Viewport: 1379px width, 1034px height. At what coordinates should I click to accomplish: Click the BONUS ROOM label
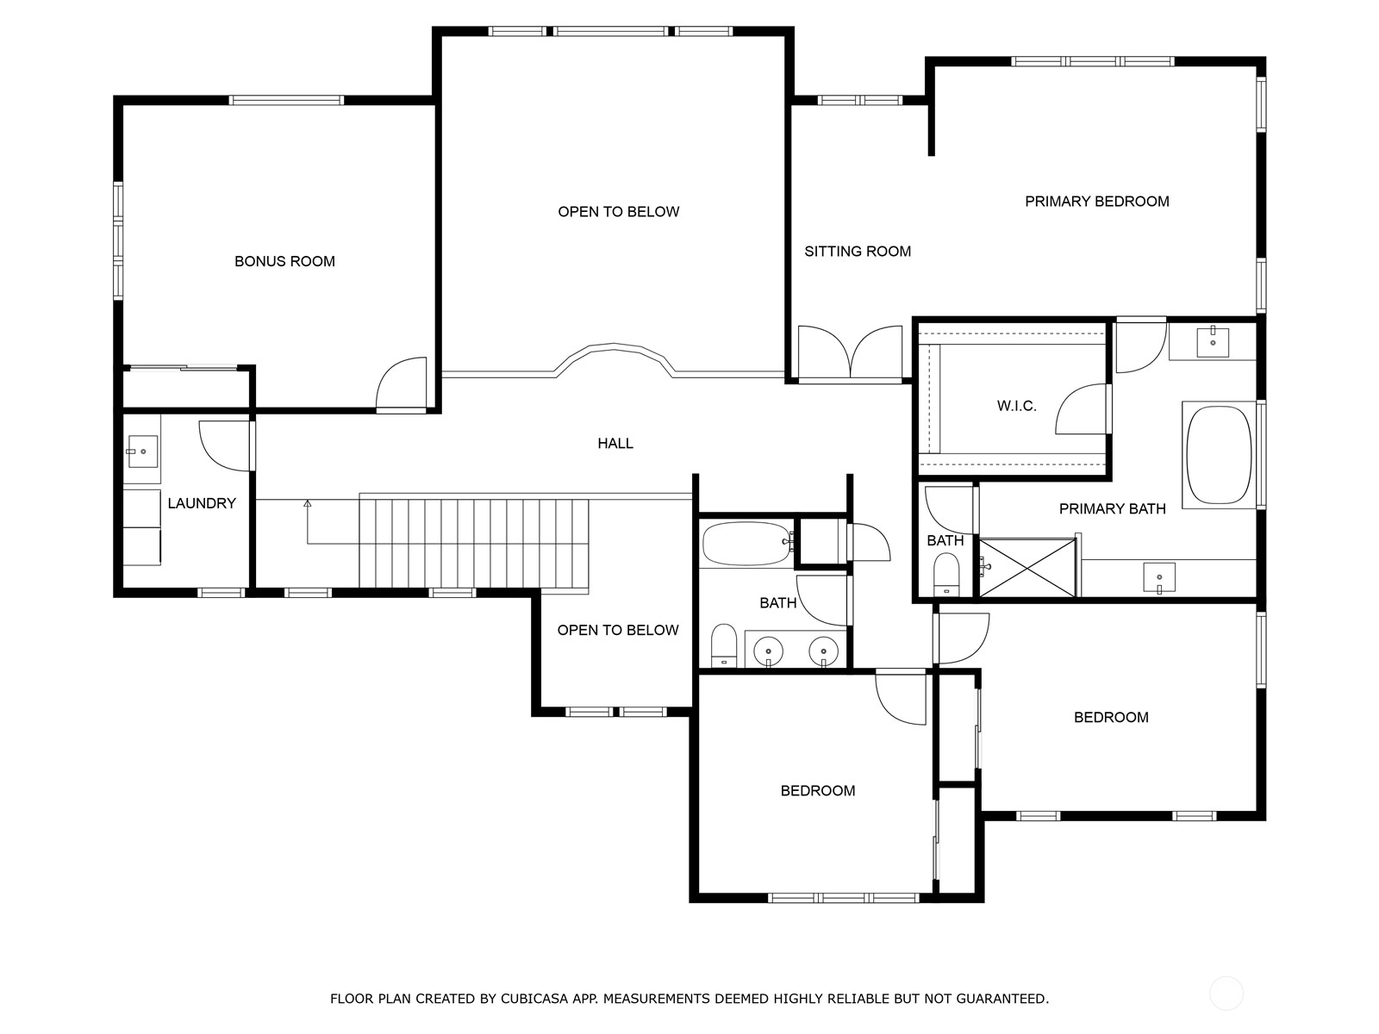(x=284, y=261)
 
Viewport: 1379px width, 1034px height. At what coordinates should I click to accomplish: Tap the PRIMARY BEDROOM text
(x=1097, y=202)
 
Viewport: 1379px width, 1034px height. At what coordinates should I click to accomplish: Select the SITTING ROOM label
(x=858, y=251)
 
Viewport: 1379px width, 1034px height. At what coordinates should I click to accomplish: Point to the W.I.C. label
(x=1016, y=406)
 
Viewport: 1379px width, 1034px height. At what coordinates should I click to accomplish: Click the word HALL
(x=615, y=443)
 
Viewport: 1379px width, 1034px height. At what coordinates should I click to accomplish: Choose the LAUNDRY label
(x=202, y=503)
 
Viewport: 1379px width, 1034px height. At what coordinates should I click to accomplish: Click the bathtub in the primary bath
(x=1219, y=455)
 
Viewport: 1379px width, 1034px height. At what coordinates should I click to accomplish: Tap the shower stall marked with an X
(x=1027, y=568)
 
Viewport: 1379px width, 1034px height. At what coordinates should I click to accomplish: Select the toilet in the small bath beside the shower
(x=946, y=574)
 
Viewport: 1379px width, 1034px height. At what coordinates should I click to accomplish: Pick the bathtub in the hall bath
(x=746, y=544)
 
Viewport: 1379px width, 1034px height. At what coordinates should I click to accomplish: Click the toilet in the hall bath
(x=724, y=645)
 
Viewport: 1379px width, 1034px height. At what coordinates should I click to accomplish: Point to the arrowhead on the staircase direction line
(x=307, y=503)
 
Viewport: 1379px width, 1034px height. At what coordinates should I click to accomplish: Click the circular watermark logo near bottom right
(x=1226, y=994)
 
